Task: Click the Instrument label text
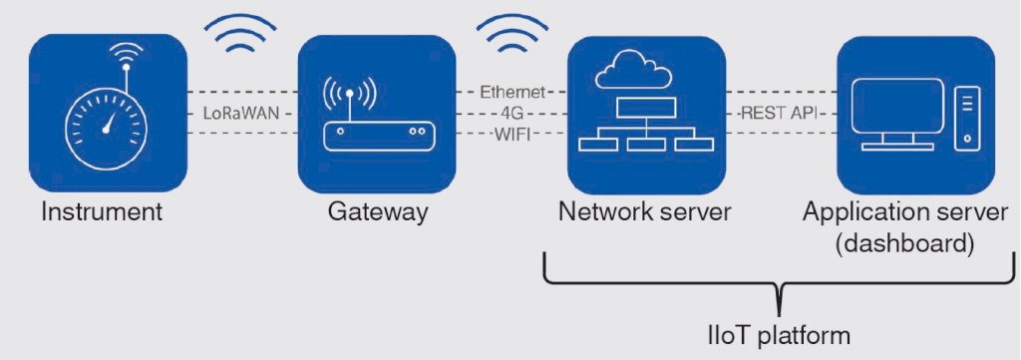[x=101, y=213]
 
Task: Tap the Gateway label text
[x=378, y=213]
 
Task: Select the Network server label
[x=645, y=213]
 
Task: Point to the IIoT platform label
[x=779, y=336]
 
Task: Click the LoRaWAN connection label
[x=241, y=114]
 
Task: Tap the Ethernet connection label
[x=512, y=93]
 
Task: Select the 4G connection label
[x=511, y=114]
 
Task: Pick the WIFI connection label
[x=511, y=136]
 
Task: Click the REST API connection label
[x=780, y=114]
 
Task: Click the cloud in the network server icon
[x=633, y=70]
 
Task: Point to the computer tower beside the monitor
[x=967, y=119]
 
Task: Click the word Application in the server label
[x=858, y=213]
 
